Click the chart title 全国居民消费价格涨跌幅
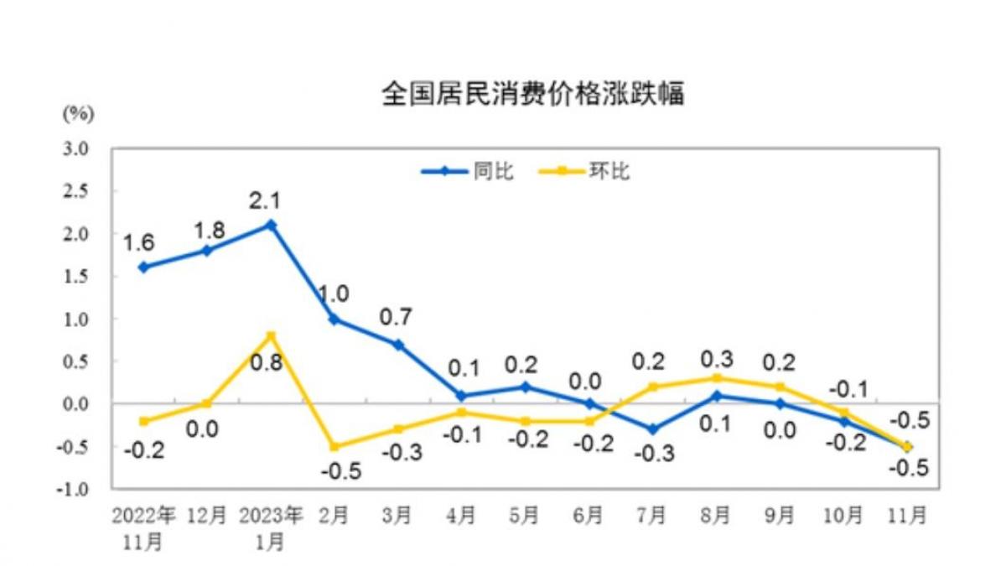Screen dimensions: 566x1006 click(x=533, y=94)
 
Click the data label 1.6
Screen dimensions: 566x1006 click(x=138, y=243)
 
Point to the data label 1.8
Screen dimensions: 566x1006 click(x=207, y=227)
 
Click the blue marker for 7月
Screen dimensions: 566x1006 click(x=652, y=428)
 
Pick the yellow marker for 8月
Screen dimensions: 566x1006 click(x=716, y=378)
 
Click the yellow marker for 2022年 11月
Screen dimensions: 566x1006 click(x=143, y=421)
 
